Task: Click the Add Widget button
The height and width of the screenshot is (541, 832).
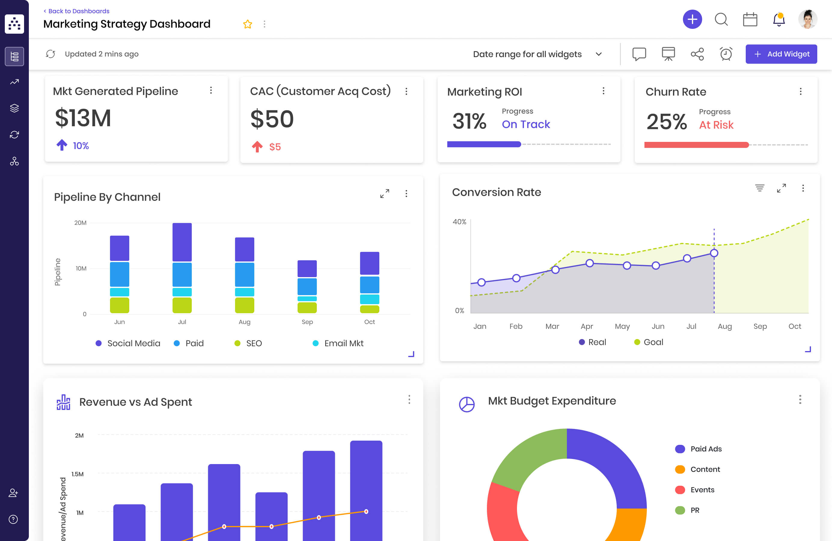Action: click(x=781, y=54)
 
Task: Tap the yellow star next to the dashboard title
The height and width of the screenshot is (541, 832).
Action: click(x=247, y=24)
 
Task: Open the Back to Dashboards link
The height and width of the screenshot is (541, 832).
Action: click(x=77, y=11)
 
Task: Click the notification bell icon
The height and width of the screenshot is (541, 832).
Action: click(x=778, y=20)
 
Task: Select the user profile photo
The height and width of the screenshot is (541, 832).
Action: click(x=808, y=20)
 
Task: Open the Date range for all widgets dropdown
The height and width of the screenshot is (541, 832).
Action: click(x=537, y=54)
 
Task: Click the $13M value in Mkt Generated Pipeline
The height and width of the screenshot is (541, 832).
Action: click(x=83, y=118)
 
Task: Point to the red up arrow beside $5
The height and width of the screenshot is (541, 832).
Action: click(x=257, y=147)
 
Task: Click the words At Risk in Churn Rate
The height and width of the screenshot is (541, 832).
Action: click(x=716, y=125)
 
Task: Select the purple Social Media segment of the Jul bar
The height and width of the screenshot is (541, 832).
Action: click(x=182, y=242)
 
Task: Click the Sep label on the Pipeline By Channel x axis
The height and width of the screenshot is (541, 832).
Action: click(x=307, y=322)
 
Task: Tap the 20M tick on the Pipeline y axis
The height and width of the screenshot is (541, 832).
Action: click(x=80, y=223)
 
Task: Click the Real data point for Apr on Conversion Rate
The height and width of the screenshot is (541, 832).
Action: click(x=589, y=263)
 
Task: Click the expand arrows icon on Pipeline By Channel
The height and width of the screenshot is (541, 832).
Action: click(x=384, y=194)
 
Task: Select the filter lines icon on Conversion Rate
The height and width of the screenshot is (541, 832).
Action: click(x=759, y=188)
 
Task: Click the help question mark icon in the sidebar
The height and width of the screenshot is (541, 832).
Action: click(x=13, y=519)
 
